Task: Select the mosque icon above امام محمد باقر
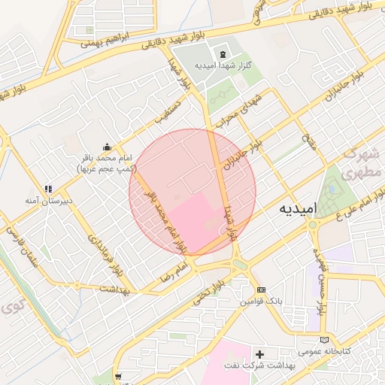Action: (x=107, y=147)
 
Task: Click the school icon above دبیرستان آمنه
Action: (x=48, y=189)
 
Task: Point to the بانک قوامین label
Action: (x=261, y=302)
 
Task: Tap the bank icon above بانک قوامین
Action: (x=261, y=290)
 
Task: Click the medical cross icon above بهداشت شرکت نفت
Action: (x=260, y=353)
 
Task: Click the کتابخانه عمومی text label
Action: (x=320, y=351)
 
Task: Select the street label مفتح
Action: (x=308, y=138)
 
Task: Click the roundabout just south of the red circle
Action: (x=240, y=264)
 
